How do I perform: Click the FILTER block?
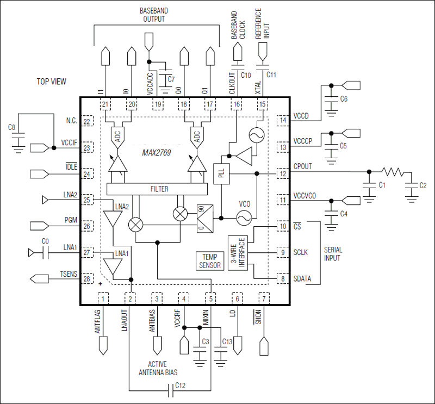pos(157,189)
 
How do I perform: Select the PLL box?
pos(221,174)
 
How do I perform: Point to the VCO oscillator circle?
pos(244,218)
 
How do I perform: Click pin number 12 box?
pos(283,174)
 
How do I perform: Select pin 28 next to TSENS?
pos(87,279)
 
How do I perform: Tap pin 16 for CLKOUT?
pos(237,104)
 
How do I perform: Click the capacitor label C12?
pos(180,386)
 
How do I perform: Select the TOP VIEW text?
pos(52,82)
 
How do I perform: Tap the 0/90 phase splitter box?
pos(205,217)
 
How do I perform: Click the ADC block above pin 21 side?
pos(117,135)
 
